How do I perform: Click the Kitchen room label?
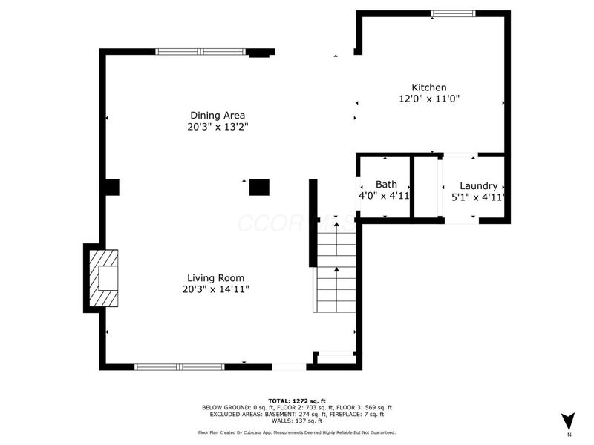[x=429, y=88]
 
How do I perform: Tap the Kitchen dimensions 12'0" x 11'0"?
[x=429, y=99]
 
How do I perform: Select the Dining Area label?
[x=218, y=115]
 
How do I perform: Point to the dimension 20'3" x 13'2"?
[x=218, y=127]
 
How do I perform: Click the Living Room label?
[x=215, y=278]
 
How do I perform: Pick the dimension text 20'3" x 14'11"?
[x=215, y=289]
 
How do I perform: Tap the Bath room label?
[x=385, y=185]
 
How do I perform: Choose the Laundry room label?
[x=478, y=185]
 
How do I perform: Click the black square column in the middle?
[x=259, y=187]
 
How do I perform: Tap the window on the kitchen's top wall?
[x=454, y=13]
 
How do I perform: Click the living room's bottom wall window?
[x=179, y=366]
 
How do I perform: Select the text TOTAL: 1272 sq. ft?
[x=296, y=400]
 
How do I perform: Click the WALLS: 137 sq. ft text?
[x=296, y=421]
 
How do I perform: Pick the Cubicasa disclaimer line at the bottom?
[x=296, y=432]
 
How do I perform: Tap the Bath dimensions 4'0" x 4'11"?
[x=385, y=197]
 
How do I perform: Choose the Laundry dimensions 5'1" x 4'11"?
[x=478, y=197]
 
